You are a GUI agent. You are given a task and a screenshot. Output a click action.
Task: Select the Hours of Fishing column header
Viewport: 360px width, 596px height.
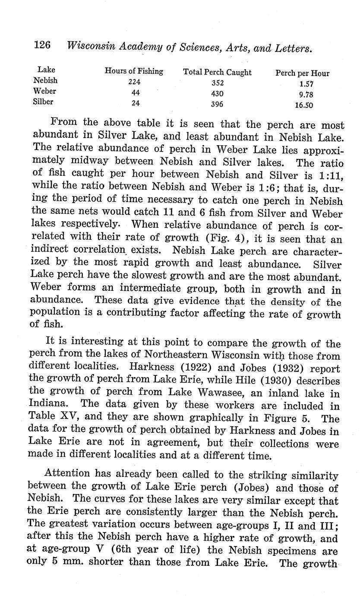click(134, 71)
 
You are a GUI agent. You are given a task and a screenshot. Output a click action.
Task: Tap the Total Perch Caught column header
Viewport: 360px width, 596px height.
click(218, 72)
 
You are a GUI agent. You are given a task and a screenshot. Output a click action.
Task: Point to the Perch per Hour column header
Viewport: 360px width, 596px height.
click(302, 73)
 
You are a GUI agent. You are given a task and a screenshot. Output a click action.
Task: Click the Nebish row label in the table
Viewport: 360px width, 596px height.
click(45, 80)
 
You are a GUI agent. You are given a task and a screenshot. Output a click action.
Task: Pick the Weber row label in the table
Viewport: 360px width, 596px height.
click(45, 91)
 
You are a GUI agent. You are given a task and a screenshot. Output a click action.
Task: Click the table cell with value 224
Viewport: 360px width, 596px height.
click(134, 82)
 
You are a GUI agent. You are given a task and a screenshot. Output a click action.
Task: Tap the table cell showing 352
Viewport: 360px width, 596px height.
click(218, 83)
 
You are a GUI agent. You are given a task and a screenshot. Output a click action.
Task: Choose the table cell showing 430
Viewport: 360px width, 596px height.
click(218, 94)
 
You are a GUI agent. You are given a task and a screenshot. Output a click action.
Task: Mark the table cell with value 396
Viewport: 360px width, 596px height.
click(218, 104)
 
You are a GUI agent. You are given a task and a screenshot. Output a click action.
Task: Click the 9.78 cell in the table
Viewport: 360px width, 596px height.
click(306, 94)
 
